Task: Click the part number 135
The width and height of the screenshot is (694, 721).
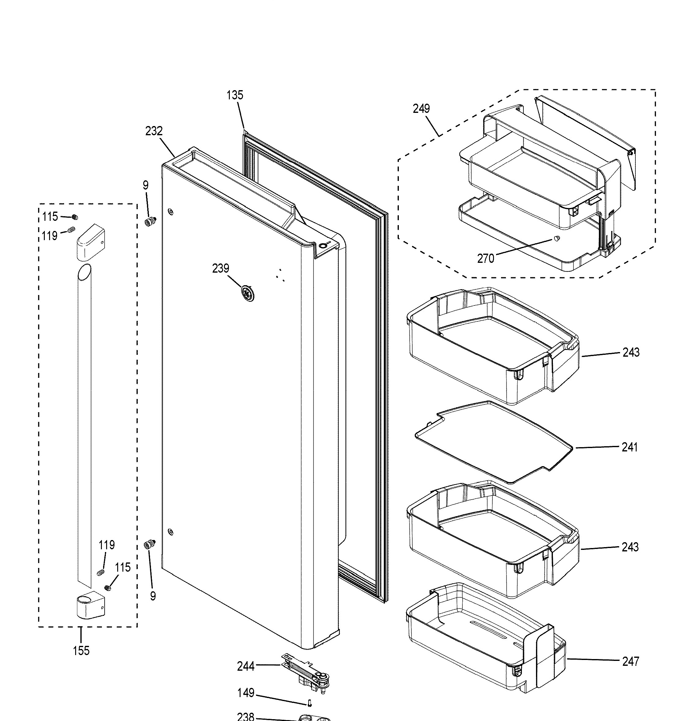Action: [x=235, y=95]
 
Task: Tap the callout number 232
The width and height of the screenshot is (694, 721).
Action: [x=154, y=131]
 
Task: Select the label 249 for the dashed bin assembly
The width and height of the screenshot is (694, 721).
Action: [x=421, y=109]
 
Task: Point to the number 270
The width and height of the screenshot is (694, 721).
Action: [x=486, y=259]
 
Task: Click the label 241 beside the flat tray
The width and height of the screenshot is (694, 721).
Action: [x=630, y=447]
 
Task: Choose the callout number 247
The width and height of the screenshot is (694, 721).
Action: [x=631, y=662]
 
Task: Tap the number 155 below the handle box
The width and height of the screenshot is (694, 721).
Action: [x=81, y=651]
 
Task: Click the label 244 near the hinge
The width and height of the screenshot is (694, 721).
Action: [x=246, y=666]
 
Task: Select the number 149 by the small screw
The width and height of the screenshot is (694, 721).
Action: [x=246, y=693]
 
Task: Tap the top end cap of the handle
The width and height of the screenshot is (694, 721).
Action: [x=91, y=242]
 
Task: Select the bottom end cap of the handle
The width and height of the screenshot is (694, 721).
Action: [x=91, y=605]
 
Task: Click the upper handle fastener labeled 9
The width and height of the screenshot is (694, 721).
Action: [x=150, y=221]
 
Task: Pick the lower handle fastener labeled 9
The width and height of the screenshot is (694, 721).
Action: [x=150, y=544]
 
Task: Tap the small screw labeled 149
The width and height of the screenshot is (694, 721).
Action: [x=310, y=703]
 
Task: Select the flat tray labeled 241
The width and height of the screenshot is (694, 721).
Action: [x=493, y=442]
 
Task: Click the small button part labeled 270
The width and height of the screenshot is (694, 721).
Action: [x=556, y=238]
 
